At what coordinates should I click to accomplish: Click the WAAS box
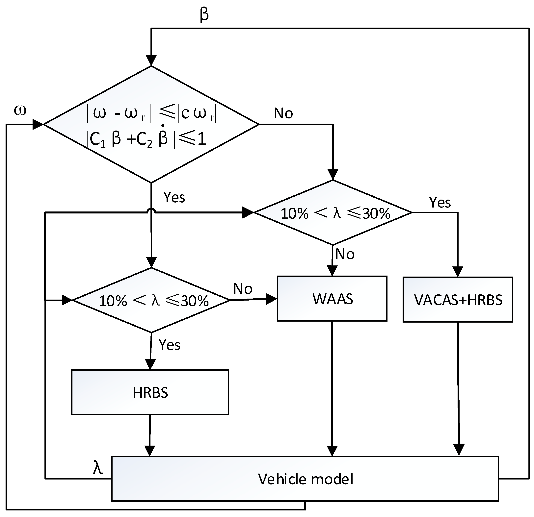tap(332, 299)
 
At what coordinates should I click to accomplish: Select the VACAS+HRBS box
tap(458, 300)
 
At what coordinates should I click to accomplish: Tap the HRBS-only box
tap(150, 392)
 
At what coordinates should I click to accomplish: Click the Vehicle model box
tap(305, 479)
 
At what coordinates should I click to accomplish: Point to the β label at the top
tap(204, 15)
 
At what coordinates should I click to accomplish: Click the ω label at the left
tap(20, 111)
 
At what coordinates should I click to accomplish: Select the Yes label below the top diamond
tap(174, 197)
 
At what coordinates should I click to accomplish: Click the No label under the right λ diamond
tap(345, 254)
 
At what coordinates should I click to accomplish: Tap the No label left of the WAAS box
tap(243, 289)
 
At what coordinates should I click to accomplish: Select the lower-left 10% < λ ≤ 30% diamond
tap(151, 300)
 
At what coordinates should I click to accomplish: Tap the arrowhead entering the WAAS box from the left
tap(271, 299)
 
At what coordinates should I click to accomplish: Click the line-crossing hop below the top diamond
tap(151, 210)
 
